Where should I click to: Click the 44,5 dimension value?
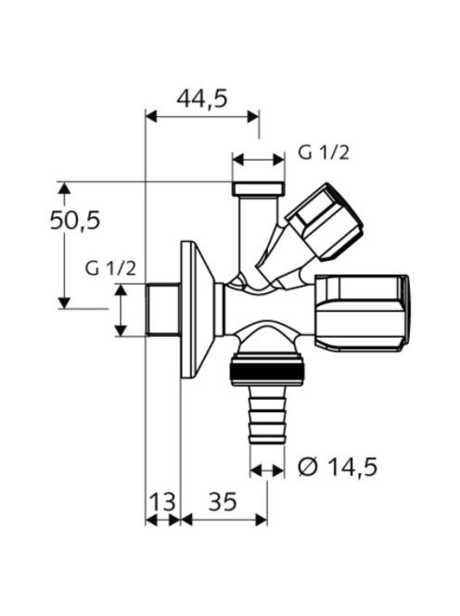[x=202, y=98]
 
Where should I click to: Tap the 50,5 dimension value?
[x=74, y=221]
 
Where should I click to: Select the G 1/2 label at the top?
[x=324, y=152]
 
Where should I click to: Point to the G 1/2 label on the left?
[x=110, y=269]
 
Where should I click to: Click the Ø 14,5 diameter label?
[x=338, y=468]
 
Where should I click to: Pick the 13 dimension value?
[x=162, y=502]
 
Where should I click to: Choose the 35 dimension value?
[x=223, y=502]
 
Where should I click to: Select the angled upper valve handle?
[x=325, y=222]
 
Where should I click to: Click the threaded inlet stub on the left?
[x=163, y=310]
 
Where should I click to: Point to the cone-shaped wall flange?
[x=198, y=310]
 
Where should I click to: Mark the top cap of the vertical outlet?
[x=259, y=188]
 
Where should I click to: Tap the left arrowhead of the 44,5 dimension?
[x=151, y=116]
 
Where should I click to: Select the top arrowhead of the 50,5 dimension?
[x=64, y=187]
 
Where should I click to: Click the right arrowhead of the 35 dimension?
[x=262, y=520]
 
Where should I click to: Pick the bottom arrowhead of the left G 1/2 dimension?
[x=121, y=330]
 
